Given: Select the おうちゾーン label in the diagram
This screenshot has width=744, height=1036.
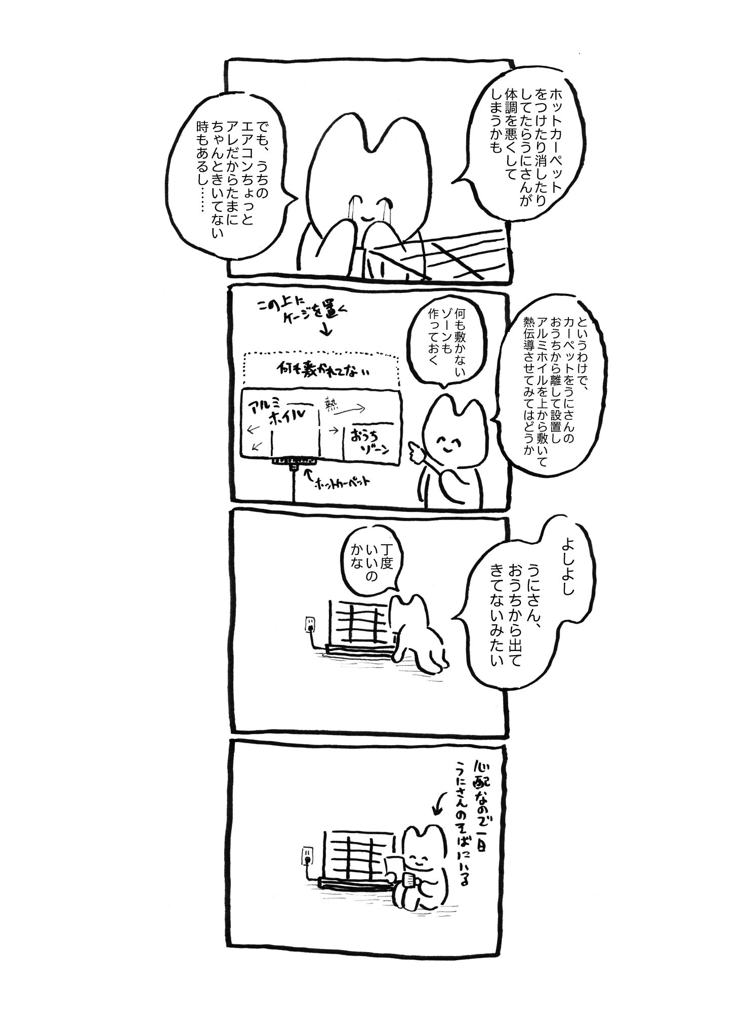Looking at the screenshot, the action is (367, 433).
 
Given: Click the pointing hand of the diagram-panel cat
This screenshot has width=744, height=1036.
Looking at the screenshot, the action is (414, 445).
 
